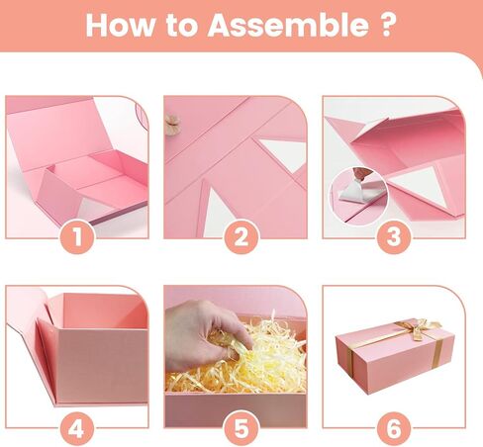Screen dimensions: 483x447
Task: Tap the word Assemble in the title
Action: click(288, 25)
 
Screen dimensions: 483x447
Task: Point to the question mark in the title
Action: click(386, 25)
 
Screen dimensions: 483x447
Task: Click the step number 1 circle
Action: click(77, 236)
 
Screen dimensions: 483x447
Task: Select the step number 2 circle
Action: click(241, 236)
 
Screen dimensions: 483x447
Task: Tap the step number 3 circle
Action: click(394, 236)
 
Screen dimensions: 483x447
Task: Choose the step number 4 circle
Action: click(77, 429)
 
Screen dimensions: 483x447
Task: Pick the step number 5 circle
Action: click(241, 428)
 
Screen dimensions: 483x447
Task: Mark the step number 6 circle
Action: click(394, 429)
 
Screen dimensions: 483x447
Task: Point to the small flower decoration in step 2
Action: click(171, 124)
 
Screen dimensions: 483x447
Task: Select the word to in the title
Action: click(181, 26)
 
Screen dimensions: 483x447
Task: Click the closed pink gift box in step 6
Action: click(395, 355)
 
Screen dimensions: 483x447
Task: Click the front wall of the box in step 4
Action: click(102, 366)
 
